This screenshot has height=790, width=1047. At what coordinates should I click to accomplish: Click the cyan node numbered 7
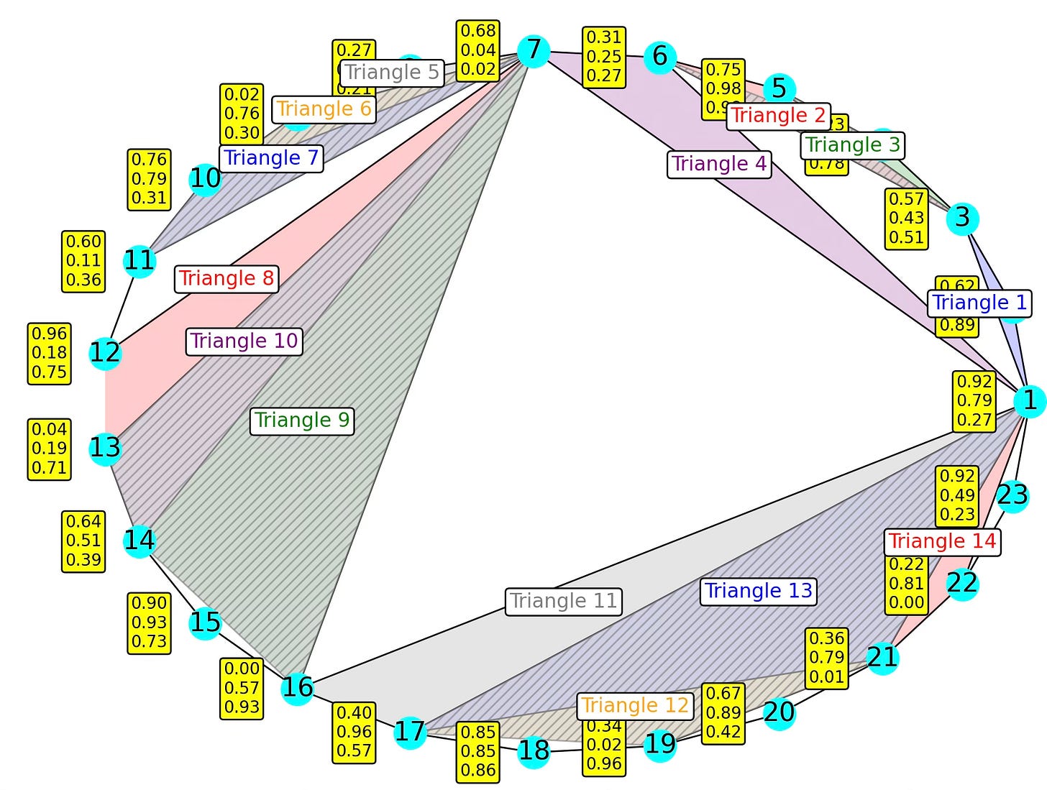pyautogui.click(x=534, y=50)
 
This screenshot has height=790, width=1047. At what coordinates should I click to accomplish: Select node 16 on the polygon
pyautogui.click(x=297, y=688)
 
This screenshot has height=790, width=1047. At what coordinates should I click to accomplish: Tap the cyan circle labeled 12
pyautogui.click(x=105, y=353)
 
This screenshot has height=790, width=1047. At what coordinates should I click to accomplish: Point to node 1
pyautogui.click(x=1030, y=400)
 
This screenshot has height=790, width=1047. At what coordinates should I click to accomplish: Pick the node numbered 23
pyautogui.click(x=1012, y=495)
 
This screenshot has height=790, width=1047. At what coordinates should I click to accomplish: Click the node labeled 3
pyautogui.click(x=962, y=218)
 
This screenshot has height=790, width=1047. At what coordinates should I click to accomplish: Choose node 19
pyautogui.click(x=659, y=744)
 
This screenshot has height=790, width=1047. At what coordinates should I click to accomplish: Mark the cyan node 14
pyautogui.click(x=140, y=540)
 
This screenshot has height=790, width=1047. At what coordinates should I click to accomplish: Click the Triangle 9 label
pyautogui.click(x=302, y=421)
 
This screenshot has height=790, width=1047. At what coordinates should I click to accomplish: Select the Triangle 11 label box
pyautogui.click(x=564, y=601)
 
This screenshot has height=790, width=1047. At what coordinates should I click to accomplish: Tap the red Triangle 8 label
pyautogui.click(x=227, y=279)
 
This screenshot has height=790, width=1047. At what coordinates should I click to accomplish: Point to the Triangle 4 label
pyautogui.click(x=719, y=164)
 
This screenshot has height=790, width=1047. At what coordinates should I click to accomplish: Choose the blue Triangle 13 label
pyautogui.click(x=758, y=592)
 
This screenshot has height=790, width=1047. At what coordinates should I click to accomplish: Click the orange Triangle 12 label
pyautogui.click(x=635, y=706)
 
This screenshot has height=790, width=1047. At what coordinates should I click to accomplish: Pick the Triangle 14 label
pyautogui.click(x=942, y=541)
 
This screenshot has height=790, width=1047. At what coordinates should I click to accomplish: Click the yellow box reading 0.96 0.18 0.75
pyautogui.click(x=50, y=353)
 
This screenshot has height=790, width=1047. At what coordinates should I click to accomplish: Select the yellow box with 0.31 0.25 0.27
pyautogui.click(x=604, y=57)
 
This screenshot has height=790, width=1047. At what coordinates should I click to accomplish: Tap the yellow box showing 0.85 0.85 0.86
pyautogui.click(x=478, y=751)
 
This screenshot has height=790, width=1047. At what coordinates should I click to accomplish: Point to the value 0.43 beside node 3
pyautogui.click(x=906, y=218)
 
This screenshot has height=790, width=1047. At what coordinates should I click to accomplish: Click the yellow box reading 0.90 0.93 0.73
pyautogui.click(x=150, y=623)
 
